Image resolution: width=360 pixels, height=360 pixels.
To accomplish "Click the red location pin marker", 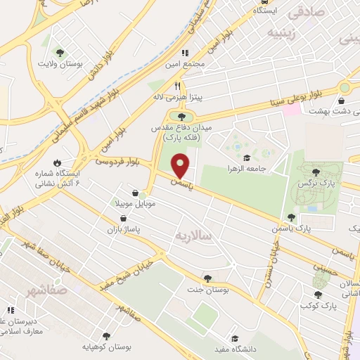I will (181, 165).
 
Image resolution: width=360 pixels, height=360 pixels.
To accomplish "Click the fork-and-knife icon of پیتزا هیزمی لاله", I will (179, 84).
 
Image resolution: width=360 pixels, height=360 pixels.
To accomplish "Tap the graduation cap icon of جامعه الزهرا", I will (246, 157).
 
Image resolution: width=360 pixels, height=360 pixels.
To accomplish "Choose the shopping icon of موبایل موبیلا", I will (135, 192).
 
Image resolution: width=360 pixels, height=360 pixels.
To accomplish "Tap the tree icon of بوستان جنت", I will (207, 278).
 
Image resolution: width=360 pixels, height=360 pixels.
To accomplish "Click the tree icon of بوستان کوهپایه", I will (106, 336).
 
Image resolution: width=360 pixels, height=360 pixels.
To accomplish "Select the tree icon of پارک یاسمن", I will (291, 217).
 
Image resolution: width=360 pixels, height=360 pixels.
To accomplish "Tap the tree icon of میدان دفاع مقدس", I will (183, 117).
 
